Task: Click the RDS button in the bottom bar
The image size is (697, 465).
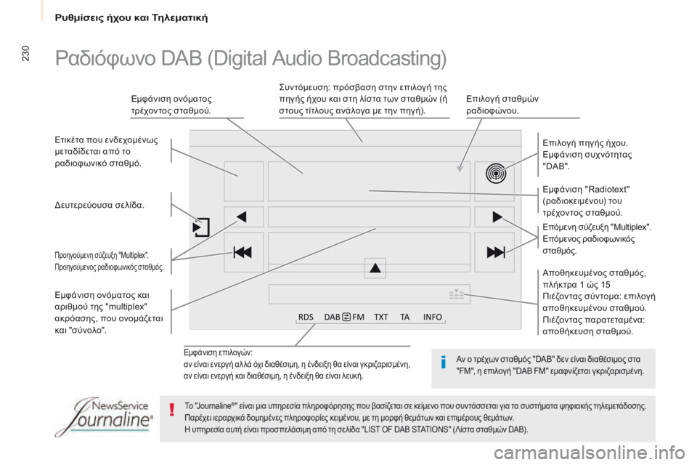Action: [x=306, y=317]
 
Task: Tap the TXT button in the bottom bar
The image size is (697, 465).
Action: [x=381, y=317]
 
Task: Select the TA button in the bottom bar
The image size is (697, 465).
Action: [x=404, y=317]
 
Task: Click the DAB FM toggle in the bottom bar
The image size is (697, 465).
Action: [x=344, y=317]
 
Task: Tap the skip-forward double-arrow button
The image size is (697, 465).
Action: [x=494, y=252]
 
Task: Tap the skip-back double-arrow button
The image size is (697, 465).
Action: [x=243, y=252]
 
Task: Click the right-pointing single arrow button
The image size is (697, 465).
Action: [x=495, y=216]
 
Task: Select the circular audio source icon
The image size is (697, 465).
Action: [x=494, y=174]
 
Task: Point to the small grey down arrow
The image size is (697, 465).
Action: [x=460, y=169]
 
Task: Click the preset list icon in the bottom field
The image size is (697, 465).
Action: [x=456, y=294]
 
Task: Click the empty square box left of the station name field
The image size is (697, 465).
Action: [x=243, y=181]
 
